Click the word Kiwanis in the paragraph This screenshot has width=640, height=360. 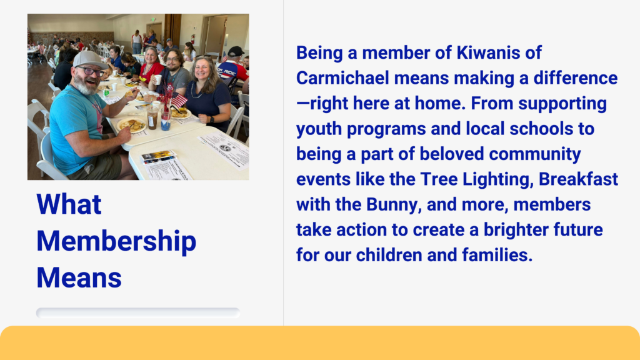click(x=483, y=52)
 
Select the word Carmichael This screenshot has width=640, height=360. click(x=342, y=78)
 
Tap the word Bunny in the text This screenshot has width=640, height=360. click(x=393, y=205)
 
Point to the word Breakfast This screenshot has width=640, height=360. click(x=578, y=179)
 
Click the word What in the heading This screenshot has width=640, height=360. click(x=69, y=204)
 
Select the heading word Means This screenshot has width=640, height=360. click(x=79, y=278)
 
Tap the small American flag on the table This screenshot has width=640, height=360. click(x=178, y=99)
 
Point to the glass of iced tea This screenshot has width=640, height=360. click(x=152, y=118)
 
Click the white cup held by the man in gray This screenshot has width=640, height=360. click(x=158, y=79)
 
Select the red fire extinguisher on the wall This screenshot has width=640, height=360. click(x=193, y=39)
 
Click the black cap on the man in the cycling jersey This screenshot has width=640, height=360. click(x=236, y=51)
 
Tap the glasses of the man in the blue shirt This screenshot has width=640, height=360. click(x=91, y=71)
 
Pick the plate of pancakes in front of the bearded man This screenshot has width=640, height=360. click(x=131, y=124)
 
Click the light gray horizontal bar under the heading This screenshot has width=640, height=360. click(x=138, y=312)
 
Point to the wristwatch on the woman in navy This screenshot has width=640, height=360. click(x=211, y=120)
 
